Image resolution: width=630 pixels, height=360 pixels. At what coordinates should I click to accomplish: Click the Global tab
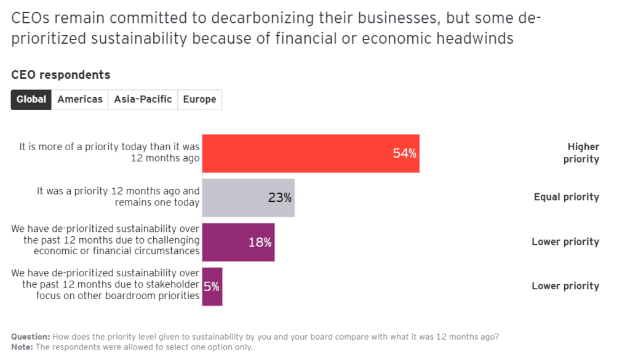[31, 99]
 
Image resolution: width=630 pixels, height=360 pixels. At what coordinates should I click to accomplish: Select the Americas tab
[80, 99]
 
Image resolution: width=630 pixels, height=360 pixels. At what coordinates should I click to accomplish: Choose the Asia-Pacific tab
[143, 99]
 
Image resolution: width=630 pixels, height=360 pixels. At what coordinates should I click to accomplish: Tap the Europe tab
[199, 99]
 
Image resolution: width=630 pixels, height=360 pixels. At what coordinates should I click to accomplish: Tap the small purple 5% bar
[212, 286]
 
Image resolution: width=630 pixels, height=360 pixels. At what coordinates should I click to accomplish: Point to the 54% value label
[404, 153]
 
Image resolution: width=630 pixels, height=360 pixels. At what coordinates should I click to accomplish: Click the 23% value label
[279, 198]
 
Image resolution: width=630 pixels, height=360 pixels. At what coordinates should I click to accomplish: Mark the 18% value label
[260, 242]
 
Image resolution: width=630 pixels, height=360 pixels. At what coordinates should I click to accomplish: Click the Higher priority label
[582, 153]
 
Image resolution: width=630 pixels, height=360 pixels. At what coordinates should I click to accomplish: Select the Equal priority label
[566, 198]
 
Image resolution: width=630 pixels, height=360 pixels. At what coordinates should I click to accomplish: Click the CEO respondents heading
[61, 75]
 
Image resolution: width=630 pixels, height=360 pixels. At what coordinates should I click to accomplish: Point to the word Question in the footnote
[30, 337]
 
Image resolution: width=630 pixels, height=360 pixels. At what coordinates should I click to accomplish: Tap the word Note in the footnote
[22, 346]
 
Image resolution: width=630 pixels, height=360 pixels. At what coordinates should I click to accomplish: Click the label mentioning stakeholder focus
[105, 284]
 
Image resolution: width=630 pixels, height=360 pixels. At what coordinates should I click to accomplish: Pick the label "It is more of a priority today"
[110, 153]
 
